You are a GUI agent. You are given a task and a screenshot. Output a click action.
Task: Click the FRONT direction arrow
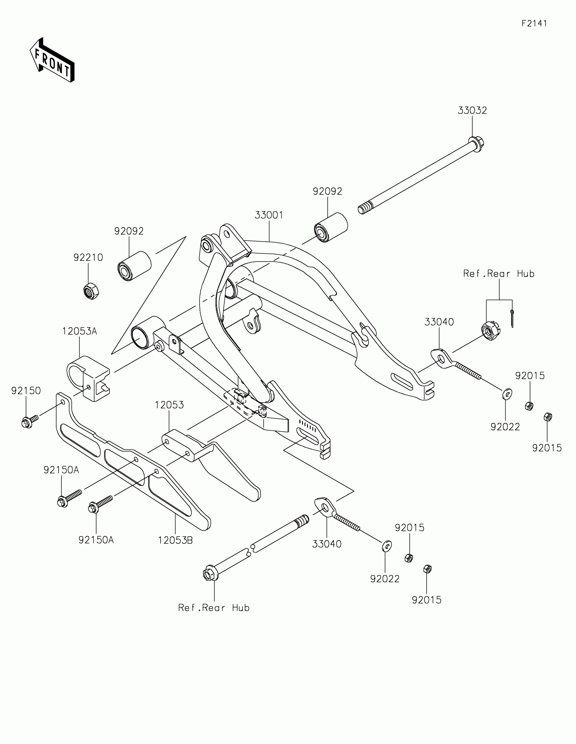52,60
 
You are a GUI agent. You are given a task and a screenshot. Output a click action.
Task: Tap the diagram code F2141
534,23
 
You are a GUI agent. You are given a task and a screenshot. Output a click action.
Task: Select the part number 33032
472,110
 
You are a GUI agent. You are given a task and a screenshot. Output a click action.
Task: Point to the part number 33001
269,215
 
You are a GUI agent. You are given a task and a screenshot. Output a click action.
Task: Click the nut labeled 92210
91,291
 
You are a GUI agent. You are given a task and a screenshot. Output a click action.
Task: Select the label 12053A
79,331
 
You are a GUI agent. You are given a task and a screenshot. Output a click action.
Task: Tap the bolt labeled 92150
27,422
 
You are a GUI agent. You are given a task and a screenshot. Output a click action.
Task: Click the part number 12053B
176,540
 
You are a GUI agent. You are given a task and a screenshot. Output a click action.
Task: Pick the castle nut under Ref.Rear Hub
490,331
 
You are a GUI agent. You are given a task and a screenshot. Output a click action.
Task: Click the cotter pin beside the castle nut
512,318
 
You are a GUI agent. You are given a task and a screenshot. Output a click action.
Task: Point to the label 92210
88,257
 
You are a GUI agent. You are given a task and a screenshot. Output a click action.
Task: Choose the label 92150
26,391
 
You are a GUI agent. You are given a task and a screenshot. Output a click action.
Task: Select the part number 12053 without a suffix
169,405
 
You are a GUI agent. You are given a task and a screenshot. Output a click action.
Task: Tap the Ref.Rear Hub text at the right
499,273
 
